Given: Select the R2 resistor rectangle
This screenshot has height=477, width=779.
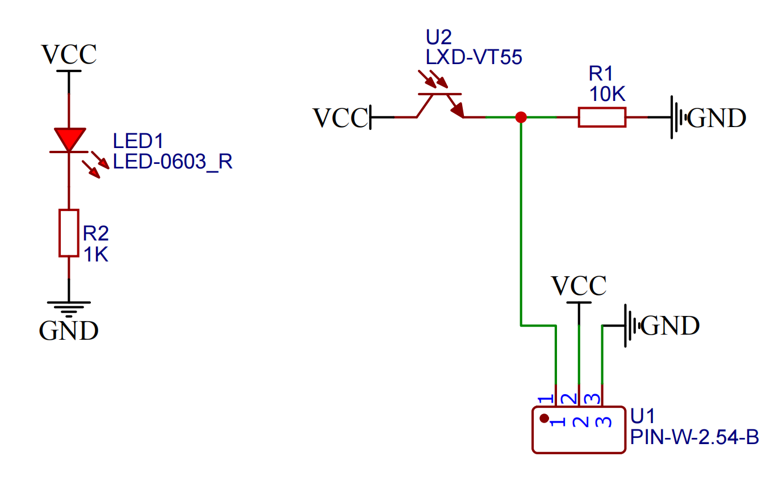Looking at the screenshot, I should (x=69, y=233).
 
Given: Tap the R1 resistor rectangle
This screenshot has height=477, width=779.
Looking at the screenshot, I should (x=602, y=117).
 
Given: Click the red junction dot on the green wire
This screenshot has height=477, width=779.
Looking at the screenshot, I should (x=521, y=117).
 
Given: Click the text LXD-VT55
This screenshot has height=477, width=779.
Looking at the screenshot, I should (x=474, y=57).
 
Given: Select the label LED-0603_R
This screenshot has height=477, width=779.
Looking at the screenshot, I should (x=173, y=162).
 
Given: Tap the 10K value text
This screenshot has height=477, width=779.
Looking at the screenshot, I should (x=607, y=93).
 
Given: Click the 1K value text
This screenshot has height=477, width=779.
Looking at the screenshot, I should (x=95, y=255).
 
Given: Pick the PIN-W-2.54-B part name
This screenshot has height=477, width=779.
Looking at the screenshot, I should (x=694, y=437).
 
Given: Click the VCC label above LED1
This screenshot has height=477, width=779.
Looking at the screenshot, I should (x=69, y=55).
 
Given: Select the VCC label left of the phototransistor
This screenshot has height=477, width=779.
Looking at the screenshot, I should (x=340, y=118).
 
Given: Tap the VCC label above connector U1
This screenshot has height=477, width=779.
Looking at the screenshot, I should (x=579, y=286).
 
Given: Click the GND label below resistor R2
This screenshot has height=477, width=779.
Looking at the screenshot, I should (x=69, y=330).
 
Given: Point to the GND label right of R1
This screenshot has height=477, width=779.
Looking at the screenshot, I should (x=717, y=118).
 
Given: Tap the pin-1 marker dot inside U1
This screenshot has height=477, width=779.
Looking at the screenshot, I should (x=544, y=419).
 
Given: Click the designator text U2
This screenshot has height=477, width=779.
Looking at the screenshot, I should (x=438, y=38).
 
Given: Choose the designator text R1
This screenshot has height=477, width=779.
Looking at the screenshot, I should (x=601, y=74).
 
